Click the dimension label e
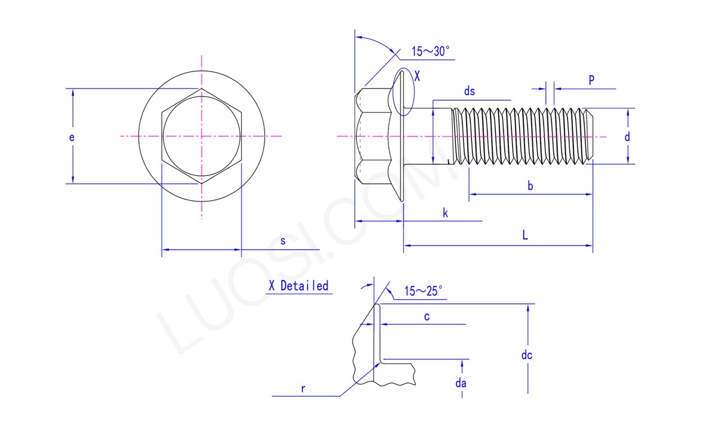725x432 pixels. (x=72, y=137)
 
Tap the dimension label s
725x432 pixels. (x=283, y=241)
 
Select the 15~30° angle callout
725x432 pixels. (x=430, y=51)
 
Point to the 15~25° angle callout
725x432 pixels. (x=423, y=291)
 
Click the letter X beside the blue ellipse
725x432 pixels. (x=417, y=76)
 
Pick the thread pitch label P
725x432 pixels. (x=591, y=80)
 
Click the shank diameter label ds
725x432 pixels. (x=469, y=91)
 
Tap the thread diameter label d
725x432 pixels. (x=627, y=137)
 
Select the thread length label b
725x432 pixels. (x=530, y=186)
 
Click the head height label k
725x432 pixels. (x=445, y=213)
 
